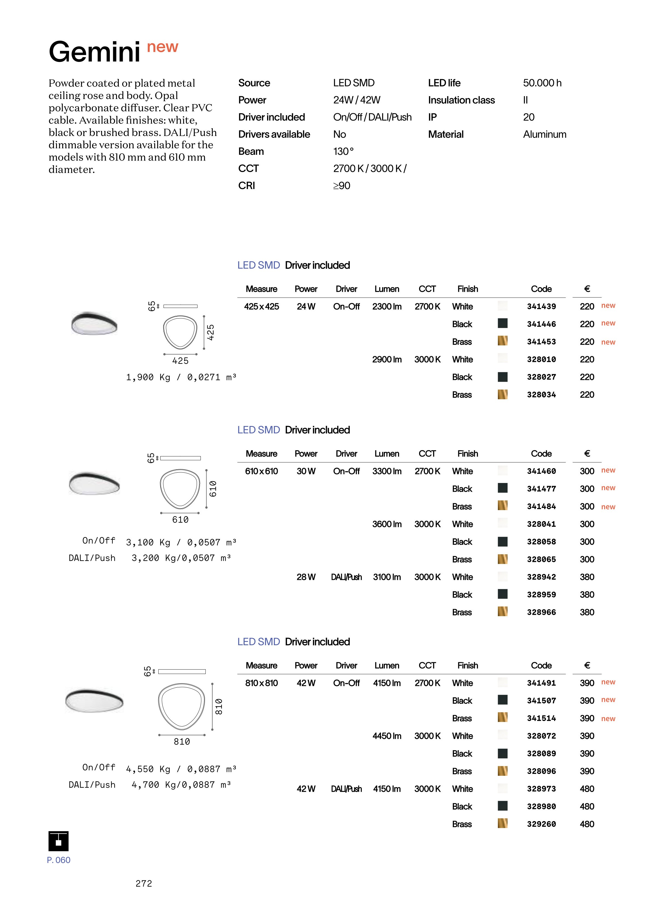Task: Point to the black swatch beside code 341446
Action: [x=502, y=323]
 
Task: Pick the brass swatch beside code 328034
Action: [x=502, y=395]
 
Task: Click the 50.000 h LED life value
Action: [x=542, y=83]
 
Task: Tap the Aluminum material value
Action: [x=544, y=134]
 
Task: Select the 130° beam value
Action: [x=343, y=152]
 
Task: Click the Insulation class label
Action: [x=461, y=100]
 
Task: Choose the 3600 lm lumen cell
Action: [x=387, y=524]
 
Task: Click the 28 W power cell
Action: [x=306, y=577]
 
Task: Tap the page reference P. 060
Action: [x=59, y=860]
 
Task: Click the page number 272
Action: [x=144, y=883]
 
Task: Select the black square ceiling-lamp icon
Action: [x=59, y=841]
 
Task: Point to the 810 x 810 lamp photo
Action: [x=95, y=701]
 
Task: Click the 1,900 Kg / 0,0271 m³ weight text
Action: [x=181, y=377]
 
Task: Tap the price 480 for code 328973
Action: [x=586, y=789]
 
